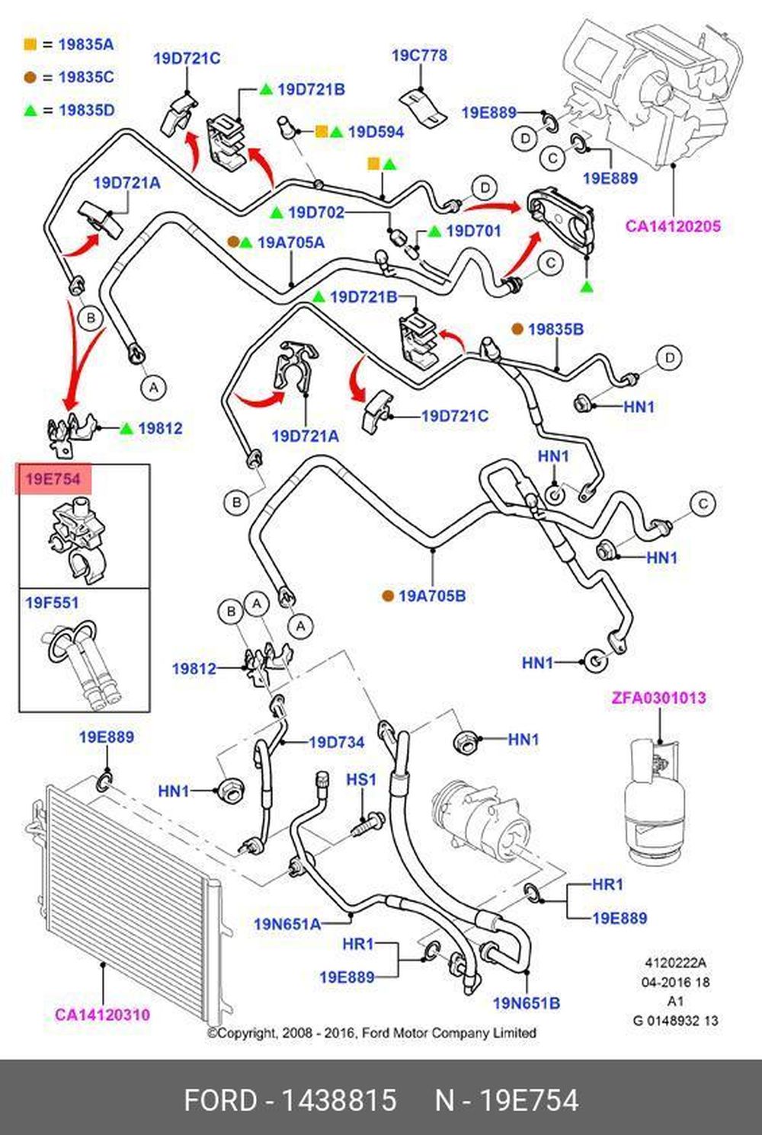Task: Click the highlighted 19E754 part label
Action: click(53, 479)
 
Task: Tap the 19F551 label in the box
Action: click(52, 603)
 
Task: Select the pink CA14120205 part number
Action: click(673, 226)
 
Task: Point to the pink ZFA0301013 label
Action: click(658, 698)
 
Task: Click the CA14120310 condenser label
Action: click(102, 1015)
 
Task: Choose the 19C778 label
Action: click(419, 56)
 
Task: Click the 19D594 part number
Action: click(376, 132)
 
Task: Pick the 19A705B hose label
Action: click(431, 596)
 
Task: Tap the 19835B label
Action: click(555, 329)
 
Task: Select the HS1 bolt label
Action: click(361, 779)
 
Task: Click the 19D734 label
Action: click(336, 742)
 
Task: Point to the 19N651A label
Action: click(287, 924)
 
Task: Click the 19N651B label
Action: click(526, 1003)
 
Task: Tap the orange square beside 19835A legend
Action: click(30, 44)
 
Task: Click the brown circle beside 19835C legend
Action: click(30, 77)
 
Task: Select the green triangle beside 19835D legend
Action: click(30, 110)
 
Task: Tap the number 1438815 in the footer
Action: click(339, 1101)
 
